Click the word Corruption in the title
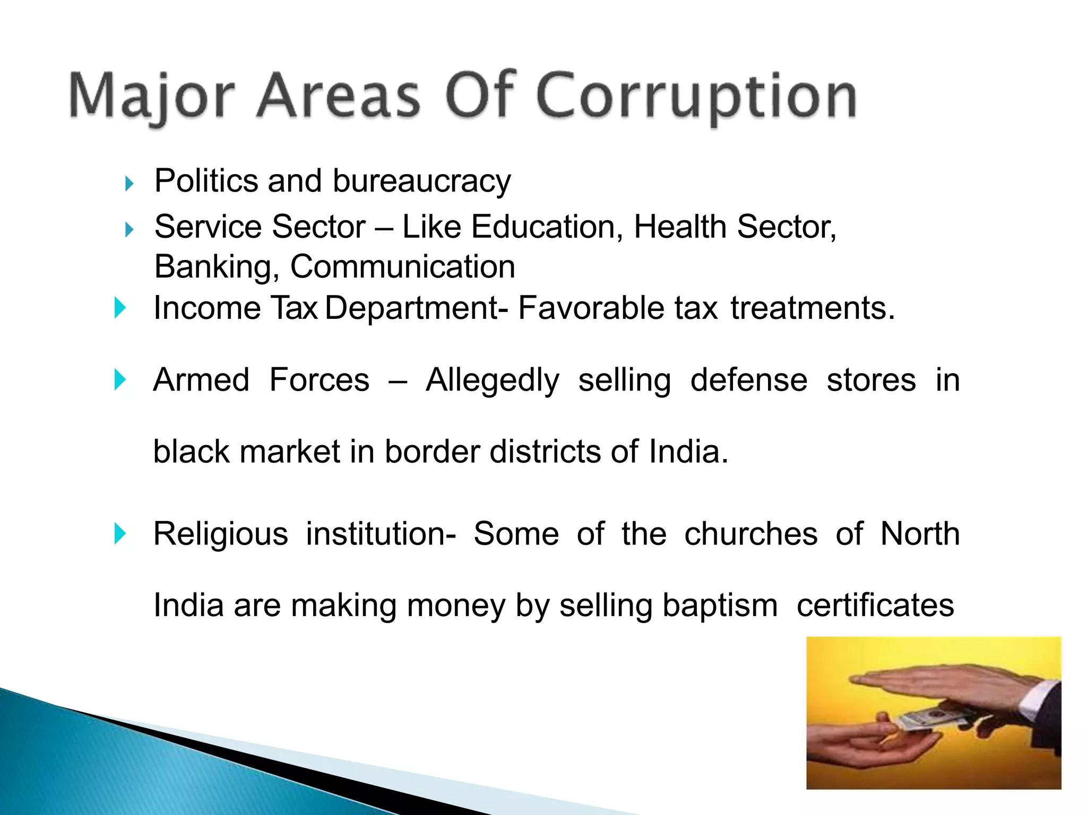(x=696, y=97)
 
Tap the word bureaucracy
(x=421, y=181)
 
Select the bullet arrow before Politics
(x=129, y=184)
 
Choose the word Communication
(x=402, y=266)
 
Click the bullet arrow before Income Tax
(x=120, y=308)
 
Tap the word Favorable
(x=591, y=308)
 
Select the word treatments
(x=812, y=308)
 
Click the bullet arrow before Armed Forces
(x=120, y=380)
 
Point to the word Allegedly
(x=492, y=380)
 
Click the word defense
(x=748, y=380)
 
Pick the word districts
(x=545, y=452)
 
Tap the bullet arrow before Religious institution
(x=120, y=534)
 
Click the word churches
(x=750, y=534)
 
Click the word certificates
(x=875, y=605)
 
